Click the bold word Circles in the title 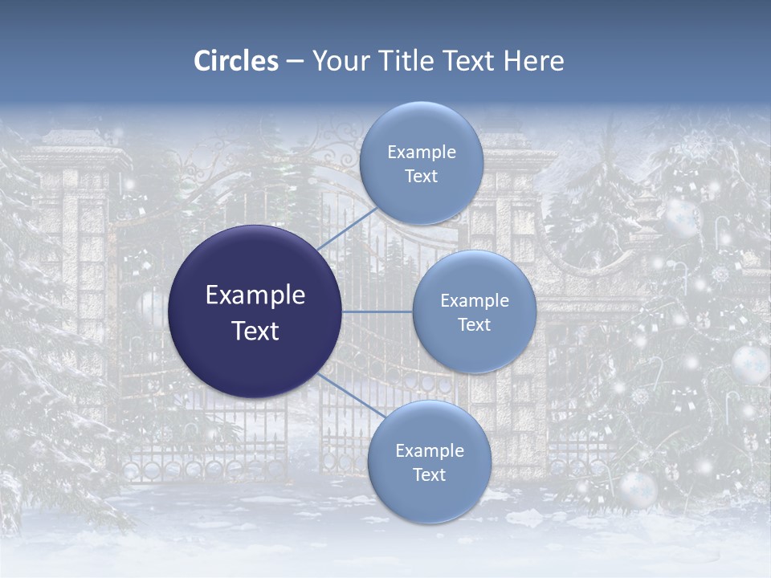[236, 61]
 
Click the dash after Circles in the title [295, 62]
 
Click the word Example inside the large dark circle [255, 295]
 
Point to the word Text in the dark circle [255, 331]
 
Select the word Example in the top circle [421, 153]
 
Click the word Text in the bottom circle [429, 475]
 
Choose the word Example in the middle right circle [474, 301]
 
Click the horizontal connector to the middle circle [377, 311]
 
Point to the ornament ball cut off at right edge [751, 364]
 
